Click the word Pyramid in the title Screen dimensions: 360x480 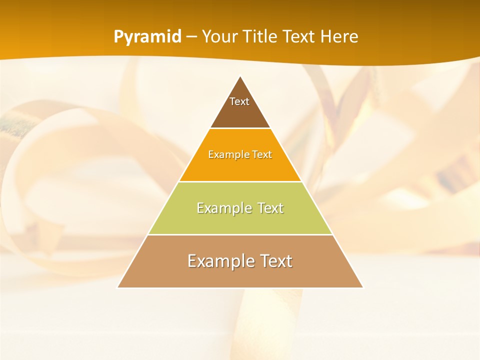tap(147, 37)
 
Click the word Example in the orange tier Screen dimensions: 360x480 tap(226, 155)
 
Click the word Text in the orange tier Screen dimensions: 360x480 tap(262, 155)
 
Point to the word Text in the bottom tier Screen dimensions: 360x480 tap(274, 261)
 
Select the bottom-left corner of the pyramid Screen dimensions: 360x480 tap(118, 287)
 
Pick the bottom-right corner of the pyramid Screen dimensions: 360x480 tap(362, 287)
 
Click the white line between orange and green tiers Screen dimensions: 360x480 tap(240, 181)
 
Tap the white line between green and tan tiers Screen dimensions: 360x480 tap(240, 234)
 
